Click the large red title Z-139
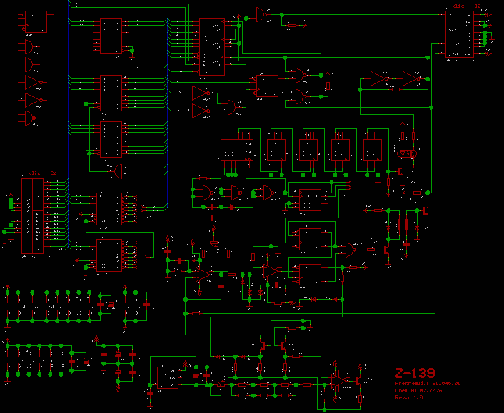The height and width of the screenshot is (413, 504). (x=415, y=373)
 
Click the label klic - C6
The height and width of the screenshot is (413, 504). (x=42, y=173)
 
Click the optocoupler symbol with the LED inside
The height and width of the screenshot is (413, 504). (x=408, y=153)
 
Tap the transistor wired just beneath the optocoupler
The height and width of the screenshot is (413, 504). (x=400, y=171)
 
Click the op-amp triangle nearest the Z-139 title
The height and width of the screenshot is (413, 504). (x=338, y=381)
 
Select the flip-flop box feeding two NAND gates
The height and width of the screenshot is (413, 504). (x=267, y=86)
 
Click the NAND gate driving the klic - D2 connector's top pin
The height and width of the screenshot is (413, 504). (x=263, y=14)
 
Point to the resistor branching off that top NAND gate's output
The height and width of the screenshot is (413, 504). (x=293, y=26)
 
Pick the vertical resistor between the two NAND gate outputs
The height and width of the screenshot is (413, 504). (x=328, y=86)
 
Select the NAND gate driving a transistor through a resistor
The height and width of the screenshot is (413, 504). (x=351, y=250)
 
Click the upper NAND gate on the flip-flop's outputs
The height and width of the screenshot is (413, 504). (x=301, y=74)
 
